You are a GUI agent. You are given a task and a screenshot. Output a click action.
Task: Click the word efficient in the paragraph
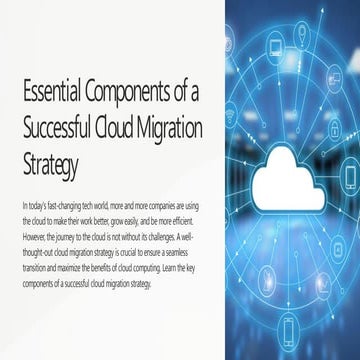coord(190,217)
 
